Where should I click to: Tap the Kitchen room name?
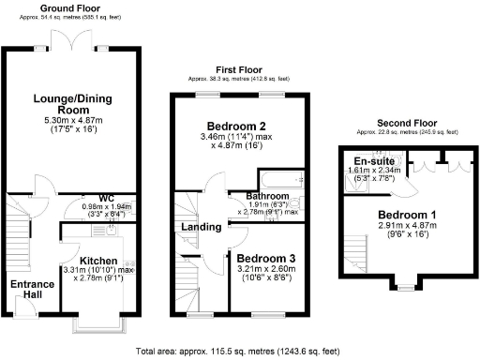pyautogui.click(x=98, y=261)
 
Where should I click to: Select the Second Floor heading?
pyautogui.click(x=407, y=123)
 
